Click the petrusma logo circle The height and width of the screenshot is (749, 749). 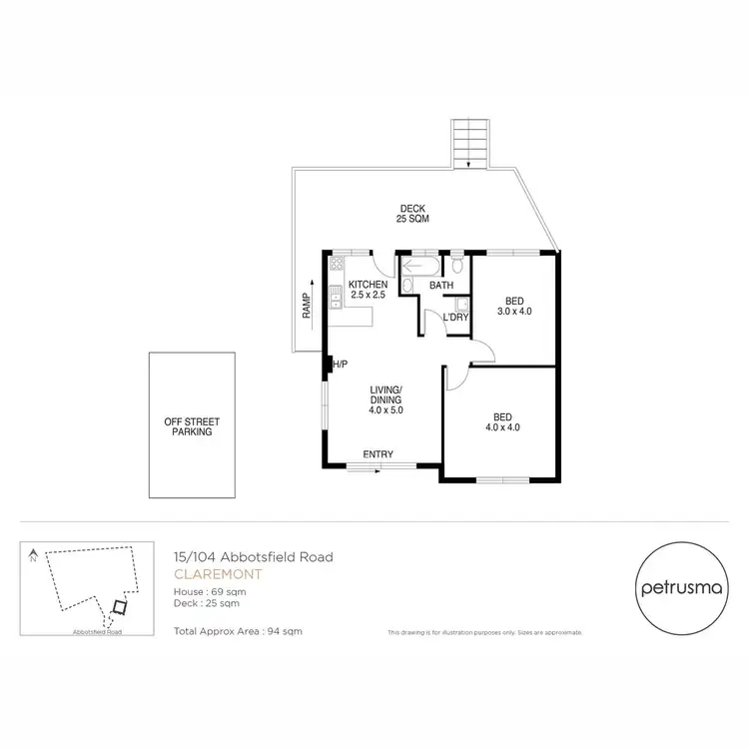(x=675, y=588)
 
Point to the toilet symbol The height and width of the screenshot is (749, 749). (x=456, y=265)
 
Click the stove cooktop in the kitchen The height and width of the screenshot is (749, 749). (x=336, y=266)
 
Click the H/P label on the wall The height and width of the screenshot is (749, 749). (x=340, y=364)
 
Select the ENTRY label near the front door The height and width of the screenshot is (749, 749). (x=377, y=454)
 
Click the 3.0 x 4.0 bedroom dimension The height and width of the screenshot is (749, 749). (x=514, y=312)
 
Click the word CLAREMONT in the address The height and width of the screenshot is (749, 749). (x=204, y=574)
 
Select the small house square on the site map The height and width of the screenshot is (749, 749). (x=119, y=606)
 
